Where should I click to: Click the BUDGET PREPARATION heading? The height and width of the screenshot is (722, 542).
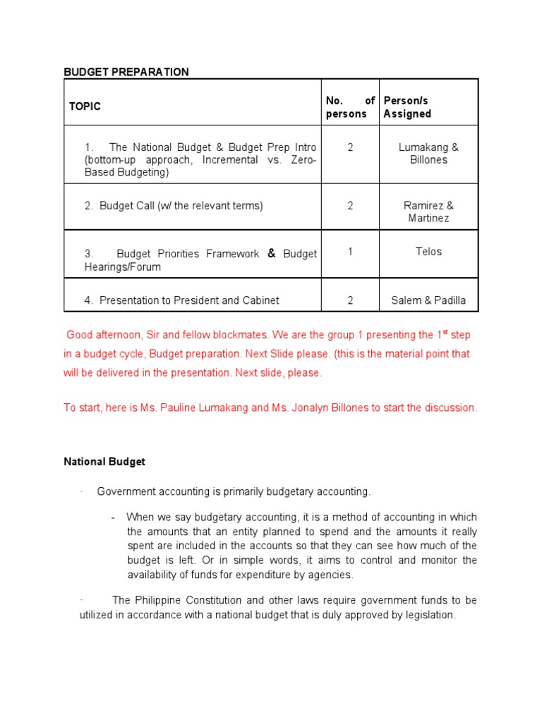click(126, 72)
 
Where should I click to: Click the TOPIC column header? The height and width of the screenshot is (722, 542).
click(85, 106)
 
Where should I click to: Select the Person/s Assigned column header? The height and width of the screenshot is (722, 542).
click(407, 107)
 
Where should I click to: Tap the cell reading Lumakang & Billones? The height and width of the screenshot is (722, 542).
click(428, 154)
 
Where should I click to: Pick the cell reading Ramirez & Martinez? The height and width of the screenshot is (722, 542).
click(428, 212)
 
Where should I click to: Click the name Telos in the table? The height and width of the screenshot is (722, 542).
click(428, 252)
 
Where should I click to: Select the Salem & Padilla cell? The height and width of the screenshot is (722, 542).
click(428, 300)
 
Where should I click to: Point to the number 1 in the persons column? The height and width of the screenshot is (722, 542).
click(350, 252)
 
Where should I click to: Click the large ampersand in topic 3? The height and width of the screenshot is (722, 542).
click(271, 253)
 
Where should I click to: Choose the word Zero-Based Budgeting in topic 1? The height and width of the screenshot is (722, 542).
click(127, 172)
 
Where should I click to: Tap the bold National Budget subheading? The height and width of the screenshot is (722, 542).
click(104, 462)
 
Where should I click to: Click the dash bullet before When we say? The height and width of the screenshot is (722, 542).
click(113, 518)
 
